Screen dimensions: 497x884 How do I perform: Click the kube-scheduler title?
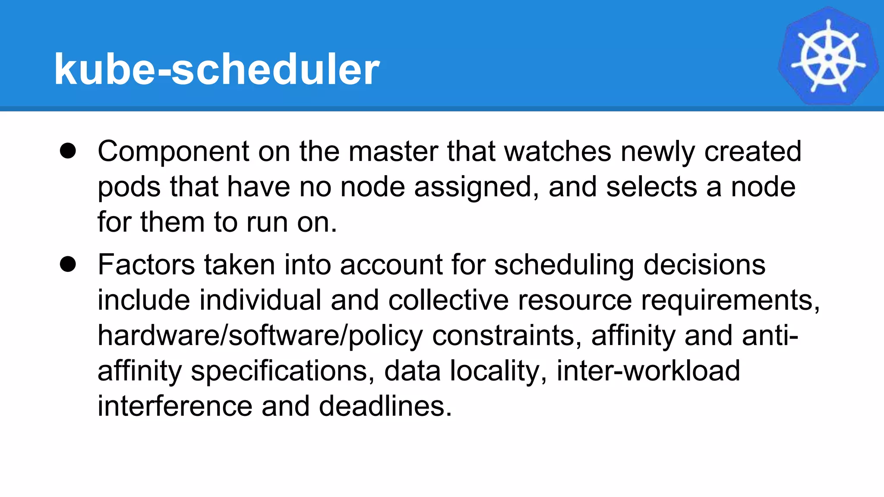217,69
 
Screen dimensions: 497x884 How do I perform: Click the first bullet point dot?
68,151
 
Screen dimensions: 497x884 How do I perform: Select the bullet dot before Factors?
68,264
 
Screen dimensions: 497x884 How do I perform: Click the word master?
393,152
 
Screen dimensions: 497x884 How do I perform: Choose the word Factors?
146,264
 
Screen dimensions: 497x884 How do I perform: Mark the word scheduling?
564,264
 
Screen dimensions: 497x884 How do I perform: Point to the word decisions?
704,264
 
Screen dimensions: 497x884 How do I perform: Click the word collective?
448,300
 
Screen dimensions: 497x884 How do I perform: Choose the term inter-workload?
648,371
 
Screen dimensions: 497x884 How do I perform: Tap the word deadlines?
385,406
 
